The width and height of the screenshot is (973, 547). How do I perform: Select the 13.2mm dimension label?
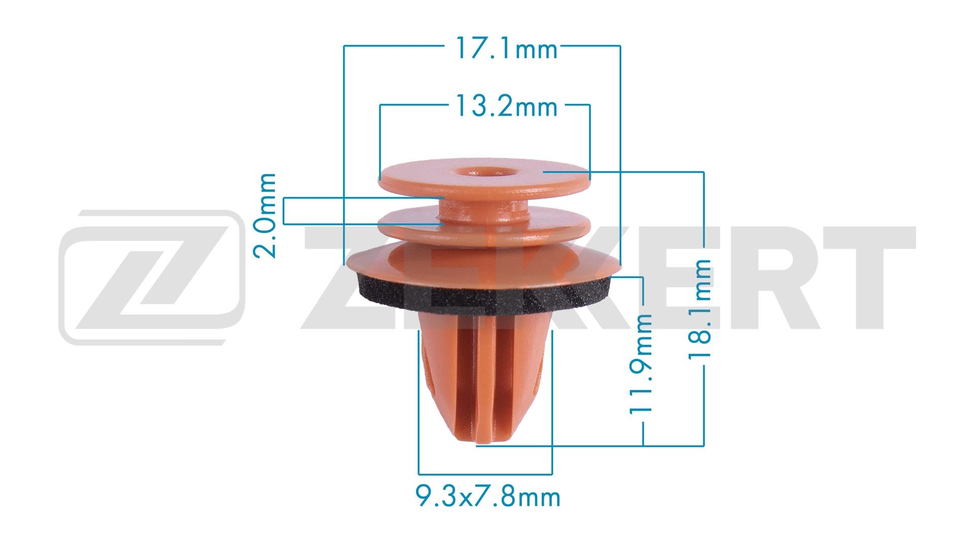[506, 106]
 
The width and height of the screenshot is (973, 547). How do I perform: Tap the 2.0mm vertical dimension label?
[265, 216]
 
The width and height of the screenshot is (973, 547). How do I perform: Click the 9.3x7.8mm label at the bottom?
[488, 496]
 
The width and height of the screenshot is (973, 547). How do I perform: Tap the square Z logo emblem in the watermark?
[152, 278]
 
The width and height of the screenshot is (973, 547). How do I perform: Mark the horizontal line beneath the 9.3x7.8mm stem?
[485, 475]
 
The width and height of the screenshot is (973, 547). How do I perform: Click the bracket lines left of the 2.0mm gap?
[284, 211]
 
